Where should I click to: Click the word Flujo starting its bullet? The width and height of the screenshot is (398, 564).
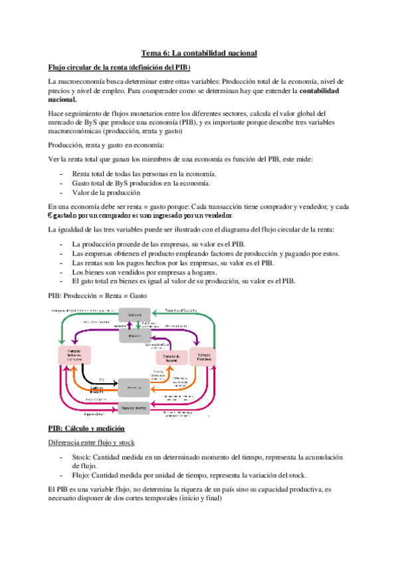[81, 476]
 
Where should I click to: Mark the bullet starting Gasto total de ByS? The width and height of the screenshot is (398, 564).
[142, 183]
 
